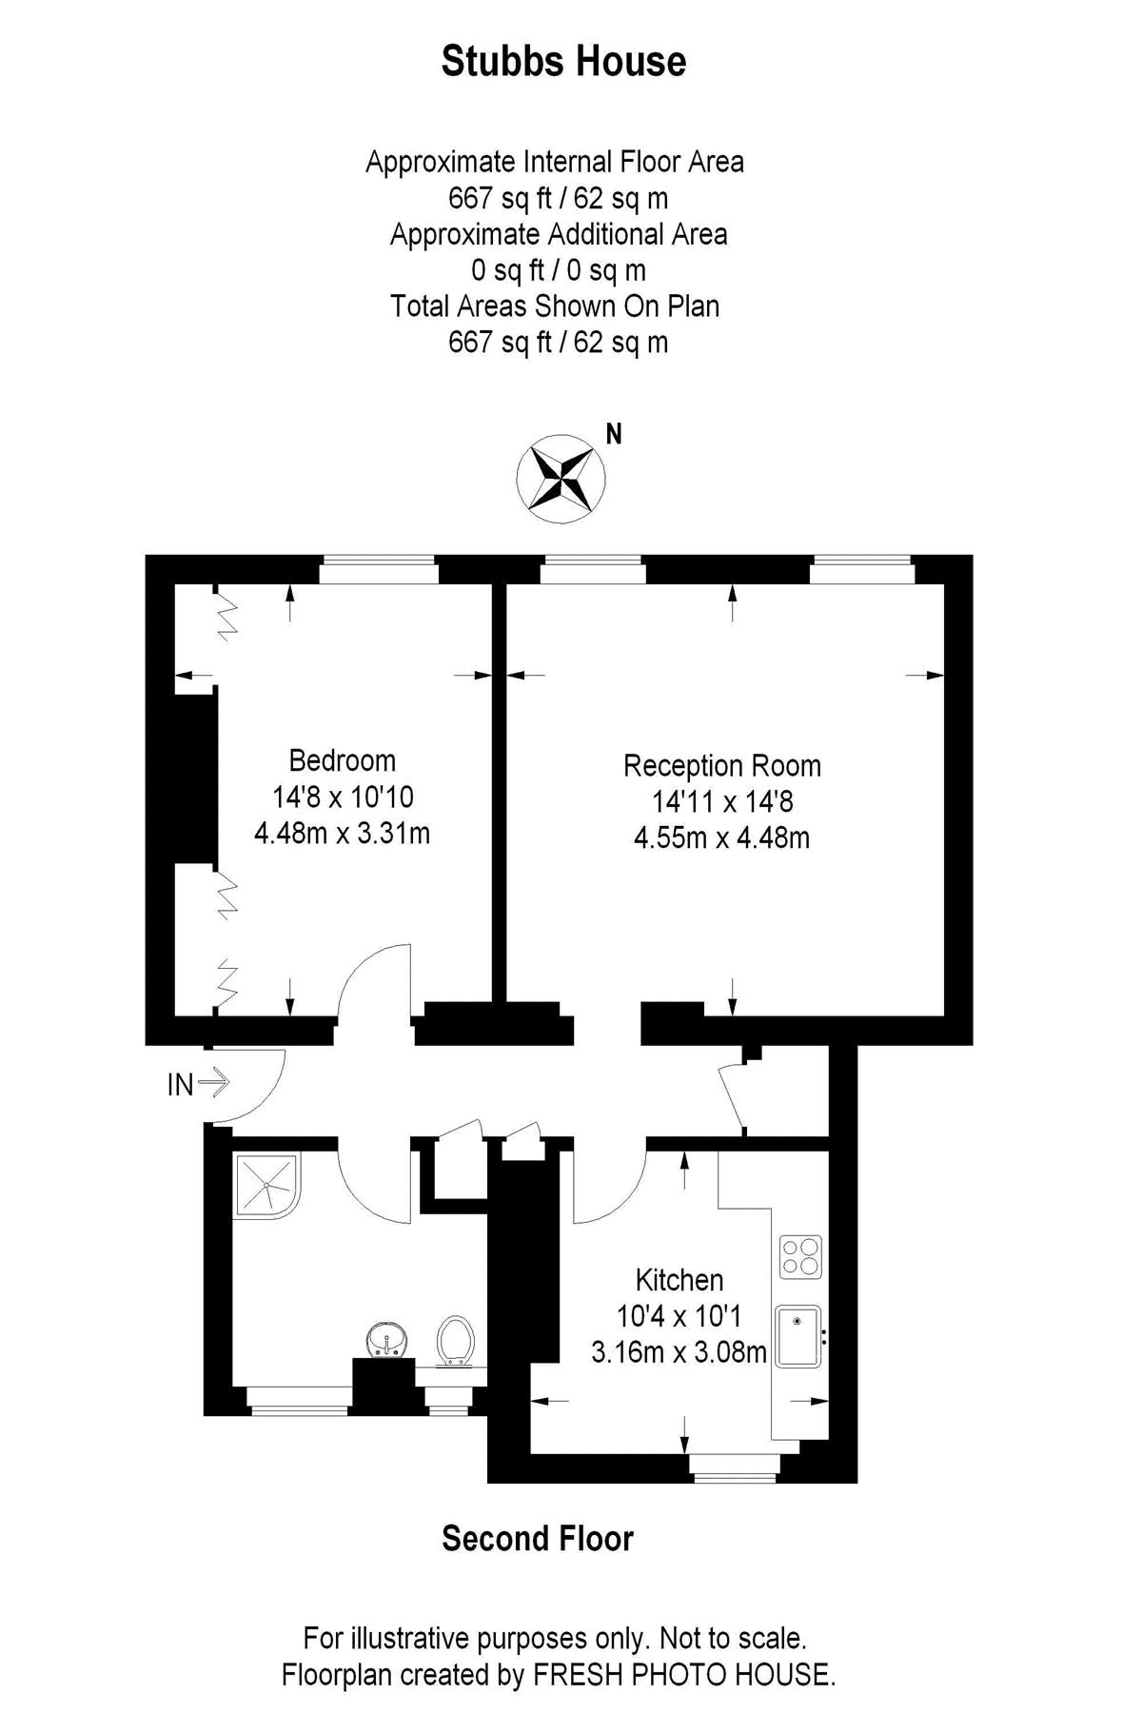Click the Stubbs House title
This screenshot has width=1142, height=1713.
tap(563, 62)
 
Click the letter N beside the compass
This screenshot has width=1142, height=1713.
tap(614, 435)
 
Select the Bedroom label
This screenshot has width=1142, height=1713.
tap(342, 760)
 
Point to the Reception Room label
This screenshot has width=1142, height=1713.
tap(721, 766)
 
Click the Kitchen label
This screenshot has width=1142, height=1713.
tap(679, 1280)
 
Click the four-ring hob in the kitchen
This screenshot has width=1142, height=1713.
tap(800, 1256)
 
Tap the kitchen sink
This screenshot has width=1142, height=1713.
tap(798, 1336)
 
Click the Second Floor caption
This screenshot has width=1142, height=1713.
tap(538, 1539)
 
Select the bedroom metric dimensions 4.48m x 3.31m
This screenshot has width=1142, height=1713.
tap(342, 834)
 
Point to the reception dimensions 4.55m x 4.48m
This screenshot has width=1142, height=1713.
tap(721, 838)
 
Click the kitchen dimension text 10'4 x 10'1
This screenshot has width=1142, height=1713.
tap(679, 1316)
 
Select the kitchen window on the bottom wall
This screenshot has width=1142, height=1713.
tap(735, 1468)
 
